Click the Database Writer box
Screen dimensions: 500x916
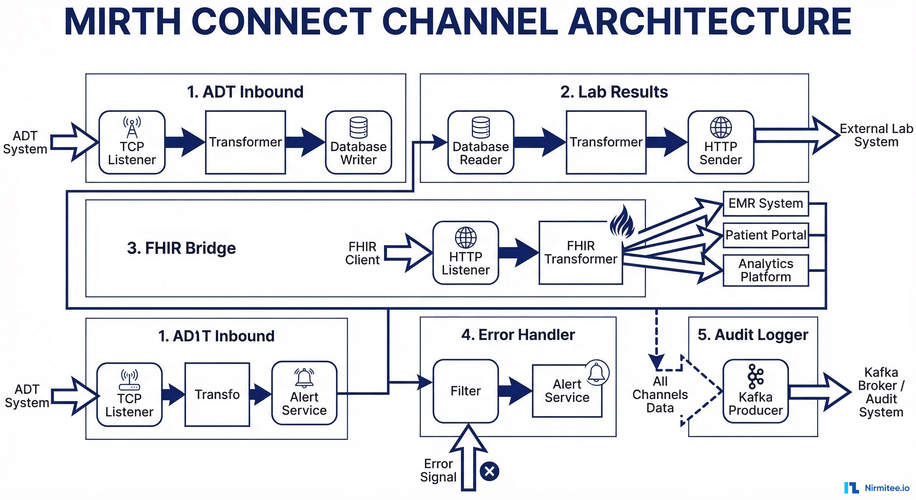pos(358,142)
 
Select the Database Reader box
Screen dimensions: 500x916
pos(480,142)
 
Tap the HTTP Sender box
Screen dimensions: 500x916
pos(721,142)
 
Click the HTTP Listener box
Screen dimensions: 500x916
pos(465,253)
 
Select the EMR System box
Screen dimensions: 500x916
pos(766,203)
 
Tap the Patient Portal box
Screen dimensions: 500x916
pos(766,235)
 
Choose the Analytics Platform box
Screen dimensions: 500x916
pos(766,270)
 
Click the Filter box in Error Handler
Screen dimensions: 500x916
pos(465,391)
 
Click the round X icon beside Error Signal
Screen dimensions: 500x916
pos(489,471)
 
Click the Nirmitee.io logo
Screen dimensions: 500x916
pos(876,488)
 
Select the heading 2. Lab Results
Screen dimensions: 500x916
pos(614,92)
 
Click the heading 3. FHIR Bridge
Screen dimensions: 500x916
pos(182,248)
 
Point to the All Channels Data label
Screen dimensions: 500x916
pos(660,394)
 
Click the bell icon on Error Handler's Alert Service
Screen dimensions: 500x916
pos(596,373)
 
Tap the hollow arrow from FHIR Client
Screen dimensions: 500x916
pos(407,253)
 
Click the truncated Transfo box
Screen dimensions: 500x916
pos(217,394)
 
